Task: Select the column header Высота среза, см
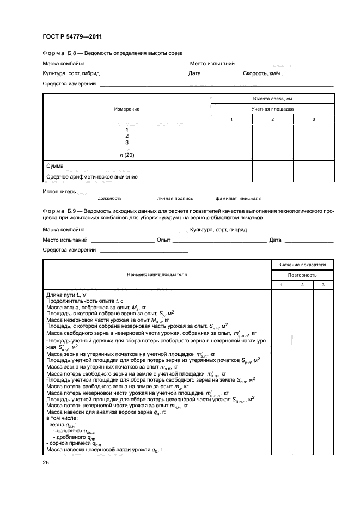click(272, 99)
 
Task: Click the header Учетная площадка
click(272, 109)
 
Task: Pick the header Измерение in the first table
click(127, 109)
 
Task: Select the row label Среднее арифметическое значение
click(91, 176)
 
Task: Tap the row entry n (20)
click(127, 155)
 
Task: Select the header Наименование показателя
click(157, 274)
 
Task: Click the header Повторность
click(303, 275)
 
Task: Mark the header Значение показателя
click(303, 265)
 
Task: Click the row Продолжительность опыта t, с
click(86, 301)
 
